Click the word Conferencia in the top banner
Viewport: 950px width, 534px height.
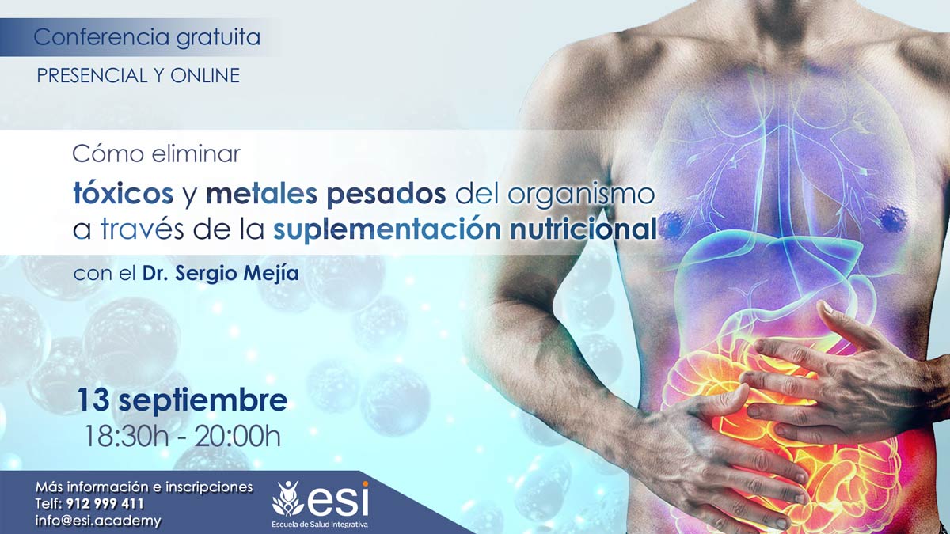tap(101, 37)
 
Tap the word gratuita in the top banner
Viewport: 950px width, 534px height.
tap(218, 38)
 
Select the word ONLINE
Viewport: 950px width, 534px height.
tap(205, 75)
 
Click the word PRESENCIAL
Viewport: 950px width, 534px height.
tap(91, 75)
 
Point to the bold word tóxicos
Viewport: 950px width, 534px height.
tap(123, 193)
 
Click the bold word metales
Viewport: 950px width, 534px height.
tap(262, 194)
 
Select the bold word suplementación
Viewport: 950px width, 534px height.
tap(387, 230)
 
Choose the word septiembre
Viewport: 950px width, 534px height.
tap(203, 402)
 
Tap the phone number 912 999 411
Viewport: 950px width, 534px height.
tap(105, 504)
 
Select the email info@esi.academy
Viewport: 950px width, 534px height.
tap(98, 521)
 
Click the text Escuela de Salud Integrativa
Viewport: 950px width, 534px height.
tap(320, 525)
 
